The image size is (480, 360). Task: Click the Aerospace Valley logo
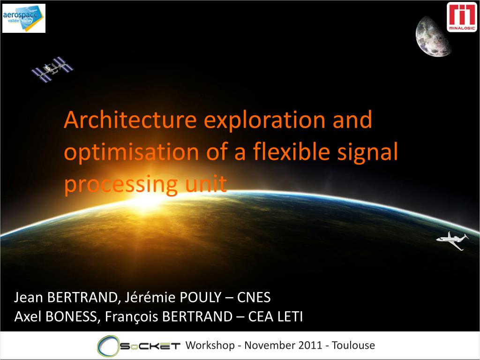click(x=24, y=18)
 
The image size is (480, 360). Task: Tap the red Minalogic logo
click(x=462, y=17)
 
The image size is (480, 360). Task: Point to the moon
click(x=432, y=37)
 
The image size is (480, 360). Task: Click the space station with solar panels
click(x=52, y=69)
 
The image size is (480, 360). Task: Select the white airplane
click(x=452, y=240)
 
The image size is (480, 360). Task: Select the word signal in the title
click(x=367, y=152)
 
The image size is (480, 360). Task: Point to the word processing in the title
click(x=121, y=185)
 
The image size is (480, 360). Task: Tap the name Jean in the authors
click(x=28, y=297)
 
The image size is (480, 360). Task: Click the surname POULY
click(x=200, y=297)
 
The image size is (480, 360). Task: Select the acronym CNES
click(x=254, y=297)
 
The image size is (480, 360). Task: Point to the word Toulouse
click(x=353, y=345)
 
